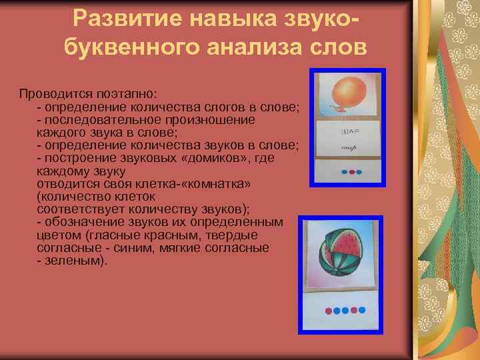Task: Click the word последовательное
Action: (x=96, y=120)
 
